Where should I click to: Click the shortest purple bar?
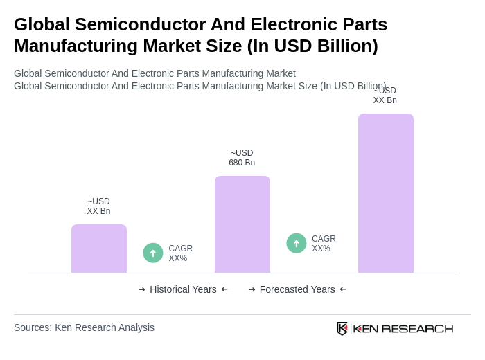click(99, 249)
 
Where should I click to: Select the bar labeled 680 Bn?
click(242, 224)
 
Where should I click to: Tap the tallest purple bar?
click(386, 193)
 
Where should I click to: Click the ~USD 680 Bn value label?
click(242, 158)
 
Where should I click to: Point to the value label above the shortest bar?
click(98, 206)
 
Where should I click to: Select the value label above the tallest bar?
click(385, 96)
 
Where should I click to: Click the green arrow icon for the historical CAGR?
click(153, 253)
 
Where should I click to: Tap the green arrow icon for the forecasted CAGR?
click(297, 243)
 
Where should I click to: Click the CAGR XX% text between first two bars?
click(180, 253)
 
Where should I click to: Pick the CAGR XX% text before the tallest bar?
click(324, 244)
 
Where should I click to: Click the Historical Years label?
click(183, 289)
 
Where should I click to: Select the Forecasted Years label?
click(297, 289)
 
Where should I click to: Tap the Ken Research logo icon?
click(342, 328)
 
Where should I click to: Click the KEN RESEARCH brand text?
click(403, 328)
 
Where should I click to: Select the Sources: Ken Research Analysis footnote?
click(84, 327)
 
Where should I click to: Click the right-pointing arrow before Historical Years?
click(142, 289)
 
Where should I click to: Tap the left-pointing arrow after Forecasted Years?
click(343, 289)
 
